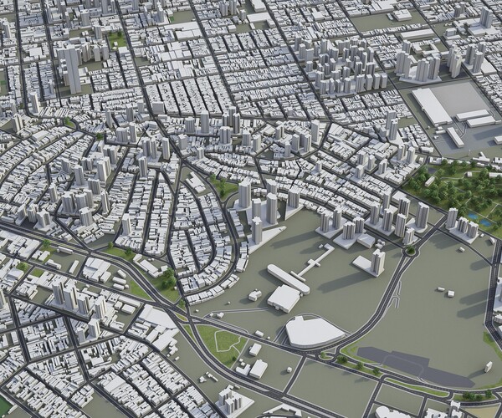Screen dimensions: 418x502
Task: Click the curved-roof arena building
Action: click(315, 331)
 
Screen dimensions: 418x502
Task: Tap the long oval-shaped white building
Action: click(288, 278)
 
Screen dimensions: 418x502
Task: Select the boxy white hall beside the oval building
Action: click(284, 298)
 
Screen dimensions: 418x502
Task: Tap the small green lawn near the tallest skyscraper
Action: click(117, 39)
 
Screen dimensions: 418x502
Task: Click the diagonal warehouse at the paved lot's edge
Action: click(455, 136)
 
